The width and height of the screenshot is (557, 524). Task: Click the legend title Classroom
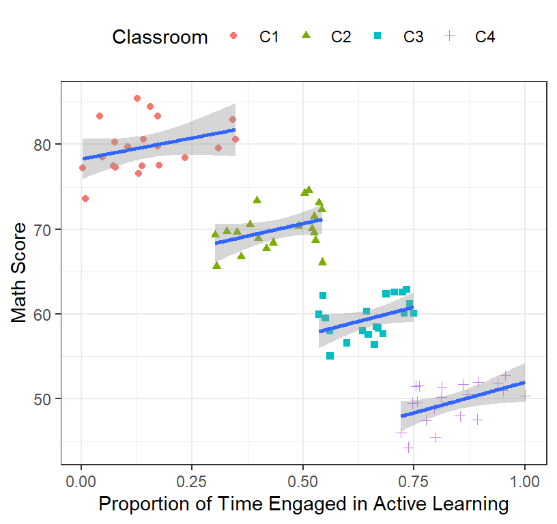click(160, 37)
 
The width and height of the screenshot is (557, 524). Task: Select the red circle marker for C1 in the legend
click(233, 35)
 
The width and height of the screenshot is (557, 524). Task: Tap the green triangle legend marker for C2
click(306, 35)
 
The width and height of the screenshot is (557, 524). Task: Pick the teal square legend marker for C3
click(377, 35)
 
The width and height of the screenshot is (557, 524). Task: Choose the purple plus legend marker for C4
click(450, 35)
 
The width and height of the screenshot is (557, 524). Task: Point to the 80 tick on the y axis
click(42, 145)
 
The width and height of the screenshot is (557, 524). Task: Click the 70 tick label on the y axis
click(42, 230)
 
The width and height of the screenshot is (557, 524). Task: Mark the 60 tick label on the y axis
click(42, 315)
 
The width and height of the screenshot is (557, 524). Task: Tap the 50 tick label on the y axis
click(42, 399)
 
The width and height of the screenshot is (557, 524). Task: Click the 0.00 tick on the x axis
click(81, 482)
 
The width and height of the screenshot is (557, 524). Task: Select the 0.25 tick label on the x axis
click(192, 482)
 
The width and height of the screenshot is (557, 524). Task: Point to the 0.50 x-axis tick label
click(302, 482)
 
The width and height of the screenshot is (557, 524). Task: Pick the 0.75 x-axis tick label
click(414, 482)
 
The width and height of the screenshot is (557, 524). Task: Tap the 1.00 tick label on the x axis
click(525, 482)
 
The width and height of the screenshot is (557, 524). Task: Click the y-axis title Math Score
click(18, 273)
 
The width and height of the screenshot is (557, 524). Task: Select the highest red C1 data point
click(137, 98)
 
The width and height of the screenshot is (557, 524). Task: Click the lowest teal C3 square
click(330, 355)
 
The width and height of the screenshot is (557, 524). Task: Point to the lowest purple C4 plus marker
click(408, 448)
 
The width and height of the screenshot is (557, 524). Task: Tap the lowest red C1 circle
click(85, 199)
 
